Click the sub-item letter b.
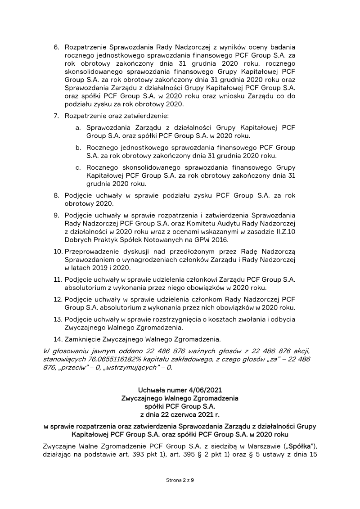[78, 148]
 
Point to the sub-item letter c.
[78, 167]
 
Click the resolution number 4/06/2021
[207, 390]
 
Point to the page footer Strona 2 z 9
[180, 480]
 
